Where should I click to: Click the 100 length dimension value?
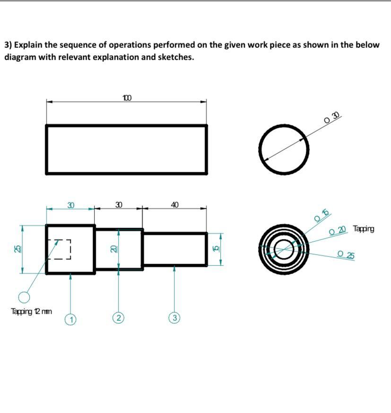[x=127, y=98]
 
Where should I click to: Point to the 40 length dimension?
[x=174, y=205]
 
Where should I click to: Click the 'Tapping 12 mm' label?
[x=31, y=311]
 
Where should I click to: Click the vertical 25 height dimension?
[x=17, y=249]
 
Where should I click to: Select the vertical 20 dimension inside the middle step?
[x=113, y=249]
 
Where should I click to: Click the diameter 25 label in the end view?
[x=346, y=255]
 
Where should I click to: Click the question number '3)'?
[x=8, y=45]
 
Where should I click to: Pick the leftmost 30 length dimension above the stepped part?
[x=70, y=205]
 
